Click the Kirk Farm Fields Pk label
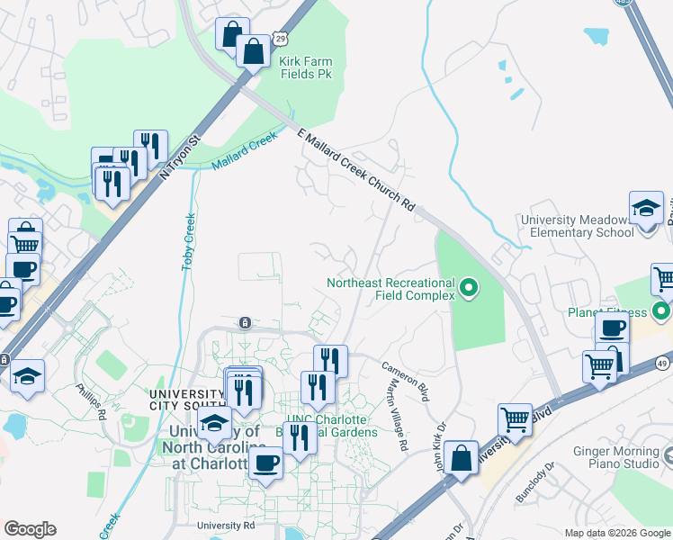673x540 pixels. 306,67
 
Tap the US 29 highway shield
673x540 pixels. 283,40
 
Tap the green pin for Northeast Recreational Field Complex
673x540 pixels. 468,289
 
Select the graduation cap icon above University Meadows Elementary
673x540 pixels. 646,209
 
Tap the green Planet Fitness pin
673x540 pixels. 662,313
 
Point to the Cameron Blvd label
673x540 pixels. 407,381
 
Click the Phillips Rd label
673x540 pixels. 91,401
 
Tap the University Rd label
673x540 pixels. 227,526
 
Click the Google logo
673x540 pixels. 30,529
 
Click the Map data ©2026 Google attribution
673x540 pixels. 616,533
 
